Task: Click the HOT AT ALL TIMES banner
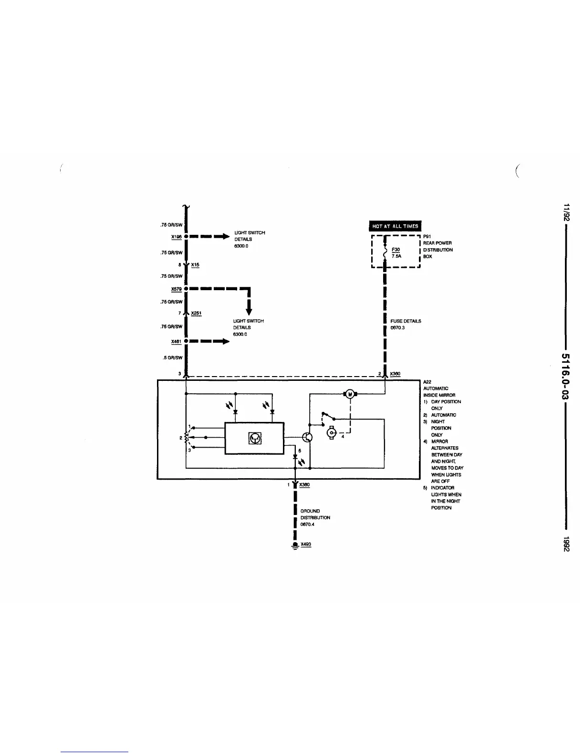click(395, 226)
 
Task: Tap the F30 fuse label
click(396, 249)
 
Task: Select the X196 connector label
click(176, 236)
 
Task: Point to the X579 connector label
click(177, 289)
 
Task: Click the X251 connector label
click(196, 313)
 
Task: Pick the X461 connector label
click(177, 341)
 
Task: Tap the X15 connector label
click(195, 264)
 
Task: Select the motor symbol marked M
click(350, 393)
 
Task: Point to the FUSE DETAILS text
click(406, 321)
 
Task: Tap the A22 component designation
click(427, 382)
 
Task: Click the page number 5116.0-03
click(566, 377)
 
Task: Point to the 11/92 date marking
click(566, 213)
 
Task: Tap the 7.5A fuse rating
click(396, 256)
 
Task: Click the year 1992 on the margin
click(566, 544)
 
